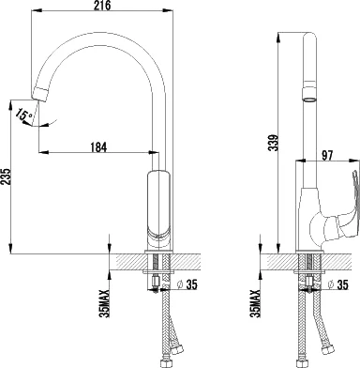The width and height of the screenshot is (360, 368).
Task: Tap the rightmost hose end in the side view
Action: (328, 360)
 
